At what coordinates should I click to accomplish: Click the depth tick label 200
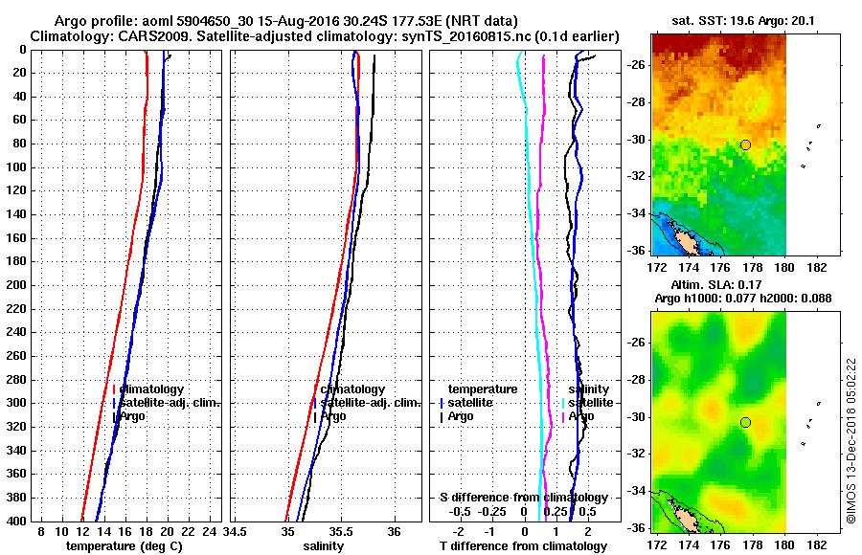(16, 285)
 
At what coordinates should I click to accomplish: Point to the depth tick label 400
(16, 521)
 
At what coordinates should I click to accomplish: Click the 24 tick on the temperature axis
(209, 531)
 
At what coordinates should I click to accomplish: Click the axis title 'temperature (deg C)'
(124, 546)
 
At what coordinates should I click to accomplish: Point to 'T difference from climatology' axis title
(523, 546)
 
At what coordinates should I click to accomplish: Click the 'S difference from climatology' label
(523, 498)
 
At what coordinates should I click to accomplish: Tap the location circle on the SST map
(745, 144)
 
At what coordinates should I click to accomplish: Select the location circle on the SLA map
(745, 422)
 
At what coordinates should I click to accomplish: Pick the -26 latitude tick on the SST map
(636, 65)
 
